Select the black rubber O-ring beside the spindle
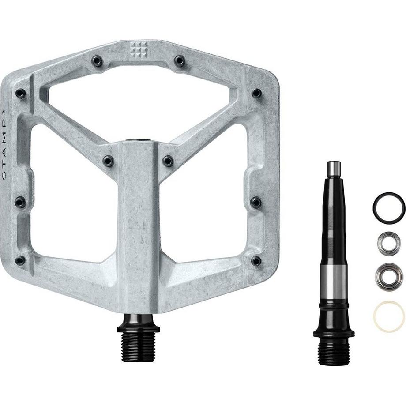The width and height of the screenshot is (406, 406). point(389,208)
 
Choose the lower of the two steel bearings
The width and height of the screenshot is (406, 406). point(389,277)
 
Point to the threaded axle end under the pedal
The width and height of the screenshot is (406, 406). point(138,342)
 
